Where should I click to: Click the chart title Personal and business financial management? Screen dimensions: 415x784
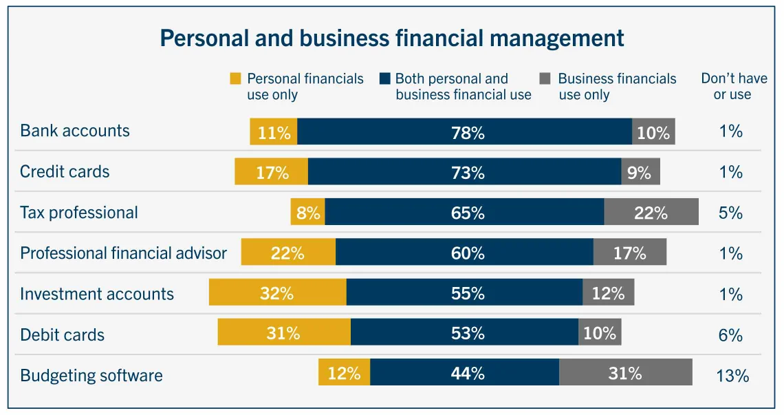[392, 38]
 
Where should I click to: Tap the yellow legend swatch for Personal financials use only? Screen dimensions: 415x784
[236, 79]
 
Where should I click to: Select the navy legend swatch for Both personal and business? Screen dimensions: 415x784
[384, 79]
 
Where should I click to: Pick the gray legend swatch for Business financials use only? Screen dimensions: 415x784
[545, 79]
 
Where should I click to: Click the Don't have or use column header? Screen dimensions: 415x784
[733, 87]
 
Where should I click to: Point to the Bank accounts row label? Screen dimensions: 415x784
[75, 131]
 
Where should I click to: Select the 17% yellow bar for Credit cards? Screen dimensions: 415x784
[271, 172]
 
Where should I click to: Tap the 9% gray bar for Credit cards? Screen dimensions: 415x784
[640, 172]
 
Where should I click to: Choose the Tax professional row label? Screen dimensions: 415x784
[79, 213]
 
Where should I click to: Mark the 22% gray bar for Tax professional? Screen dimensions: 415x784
[651, 213]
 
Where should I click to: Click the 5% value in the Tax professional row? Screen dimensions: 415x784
[730, 213]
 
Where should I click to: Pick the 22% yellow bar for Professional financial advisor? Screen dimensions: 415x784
[288, 253]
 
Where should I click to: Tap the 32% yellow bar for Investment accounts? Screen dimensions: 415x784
[277, 293]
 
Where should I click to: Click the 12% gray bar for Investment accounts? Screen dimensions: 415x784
[608, 293]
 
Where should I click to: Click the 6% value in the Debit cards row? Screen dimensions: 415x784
[730, 335]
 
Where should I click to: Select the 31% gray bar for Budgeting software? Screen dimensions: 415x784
[625, 373]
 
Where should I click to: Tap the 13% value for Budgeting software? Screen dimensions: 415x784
[732, 376]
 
